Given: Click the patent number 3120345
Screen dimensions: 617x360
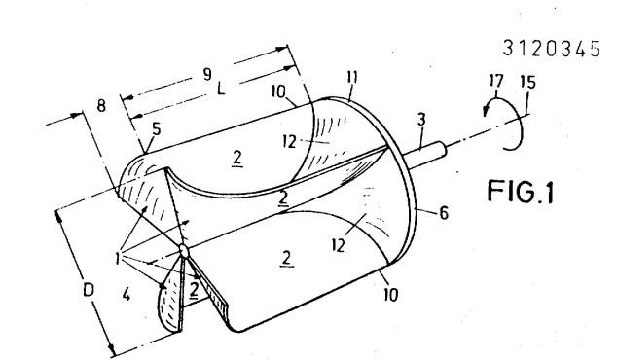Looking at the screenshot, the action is tap(551, 49).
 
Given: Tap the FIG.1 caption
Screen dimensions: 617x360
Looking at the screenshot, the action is tap(521, 192).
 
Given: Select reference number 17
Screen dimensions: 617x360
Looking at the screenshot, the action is tap(496, 82).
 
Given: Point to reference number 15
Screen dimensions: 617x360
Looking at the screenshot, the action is tap(528, 83).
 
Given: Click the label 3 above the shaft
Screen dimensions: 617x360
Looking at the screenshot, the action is tap(421, 120).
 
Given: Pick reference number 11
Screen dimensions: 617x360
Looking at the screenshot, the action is tap(352, 77).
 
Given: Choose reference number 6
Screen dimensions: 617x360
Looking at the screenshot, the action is tap(444, 213).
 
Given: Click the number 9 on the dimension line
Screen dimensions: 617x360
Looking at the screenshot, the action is tap(207, 74).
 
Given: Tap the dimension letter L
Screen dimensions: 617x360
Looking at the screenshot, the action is tap(221, 90).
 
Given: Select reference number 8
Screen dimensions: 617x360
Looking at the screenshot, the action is tap(101, 105).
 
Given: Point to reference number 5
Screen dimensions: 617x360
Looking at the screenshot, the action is tap(157, 128).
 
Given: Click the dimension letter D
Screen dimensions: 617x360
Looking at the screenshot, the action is tap(89, 290).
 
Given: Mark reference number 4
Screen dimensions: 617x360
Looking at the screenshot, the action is tap(126, 294).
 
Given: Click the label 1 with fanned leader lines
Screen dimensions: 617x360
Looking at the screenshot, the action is tap(118, 259).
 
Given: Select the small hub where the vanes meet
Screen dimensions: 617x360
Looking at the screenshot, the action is tap(184, 250).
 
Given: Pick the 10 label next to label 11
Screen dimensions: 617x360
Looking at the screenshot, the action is tap(278, 91).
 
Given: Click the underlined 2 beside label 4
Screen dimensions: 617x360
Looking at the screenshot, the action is tap(194, 290).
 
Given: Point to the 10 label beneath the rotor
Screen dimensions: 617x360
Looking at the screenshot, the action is tap(391, 294).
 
